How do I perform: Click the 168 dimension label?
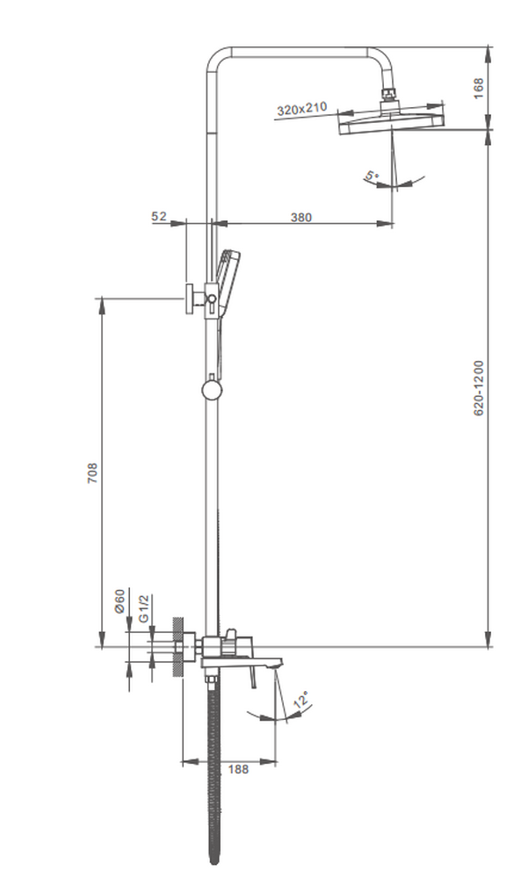479,89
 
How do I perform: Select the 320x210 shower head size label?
301,109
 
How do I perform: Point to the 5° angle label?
372,176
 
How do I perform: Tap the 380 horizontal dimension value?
300,218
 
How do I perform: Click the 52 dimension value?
159,217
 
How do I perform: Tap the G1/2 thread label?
144,608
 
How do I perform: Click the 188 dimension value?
237,768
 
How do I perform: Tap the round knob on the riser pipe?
212,389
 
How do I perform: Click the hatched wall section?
178,647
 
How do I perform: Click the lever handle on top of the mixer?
230,636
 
